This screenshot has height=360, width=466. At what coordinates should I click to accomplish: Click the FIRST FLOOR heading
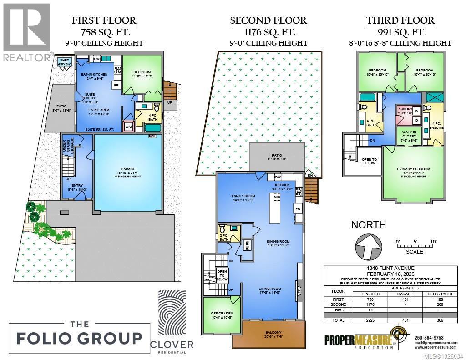pyautogui.click(x=104, y=20)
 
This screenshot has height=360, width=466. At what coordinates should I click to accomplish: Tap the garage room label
pyautogui.click(x=127, y=172)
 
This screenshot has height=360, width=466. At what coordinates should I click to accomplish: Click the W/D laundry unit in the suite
pyautogui.click(x=128, y=127)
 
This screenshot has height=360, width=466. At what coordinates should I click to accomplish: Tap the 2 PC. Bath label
pyautogui.click(x=223, y=237)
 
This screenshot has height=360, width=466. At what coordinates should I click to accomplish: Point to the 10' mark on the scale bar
pyautogui.click(x=432, y=241)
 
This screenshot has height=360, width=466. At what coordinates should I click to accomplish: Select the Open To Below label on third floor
pyautogui.click(x=369, y=161)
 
